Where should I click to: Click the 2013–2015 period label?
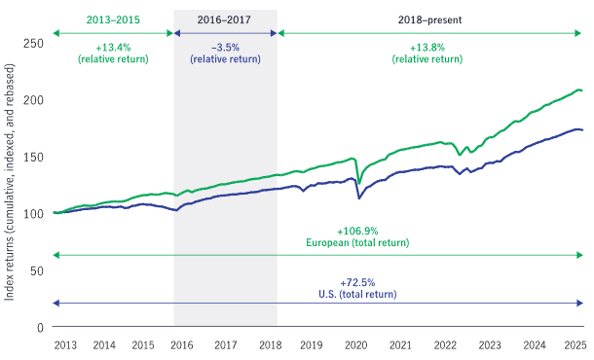click(113, 19)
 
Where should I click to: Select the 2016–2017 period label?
click(224, 19)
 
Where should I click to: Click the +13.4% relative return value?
click(113, 46)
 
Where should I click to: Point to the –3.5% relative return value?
click(224, 46)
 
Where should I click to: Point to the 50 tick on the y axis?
click(36, 270)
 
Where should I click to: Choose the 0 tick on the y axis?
click(39, 328)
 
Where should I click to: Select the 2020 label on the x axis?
click(357, 345)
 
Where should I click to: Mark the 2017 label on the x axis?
click(225, 345)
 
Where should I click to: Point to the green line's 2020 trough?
click(359, 183)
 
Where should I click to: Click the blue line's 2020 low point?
click(359, 198)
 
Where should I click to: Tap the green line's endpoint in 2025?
click(582, 90)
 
